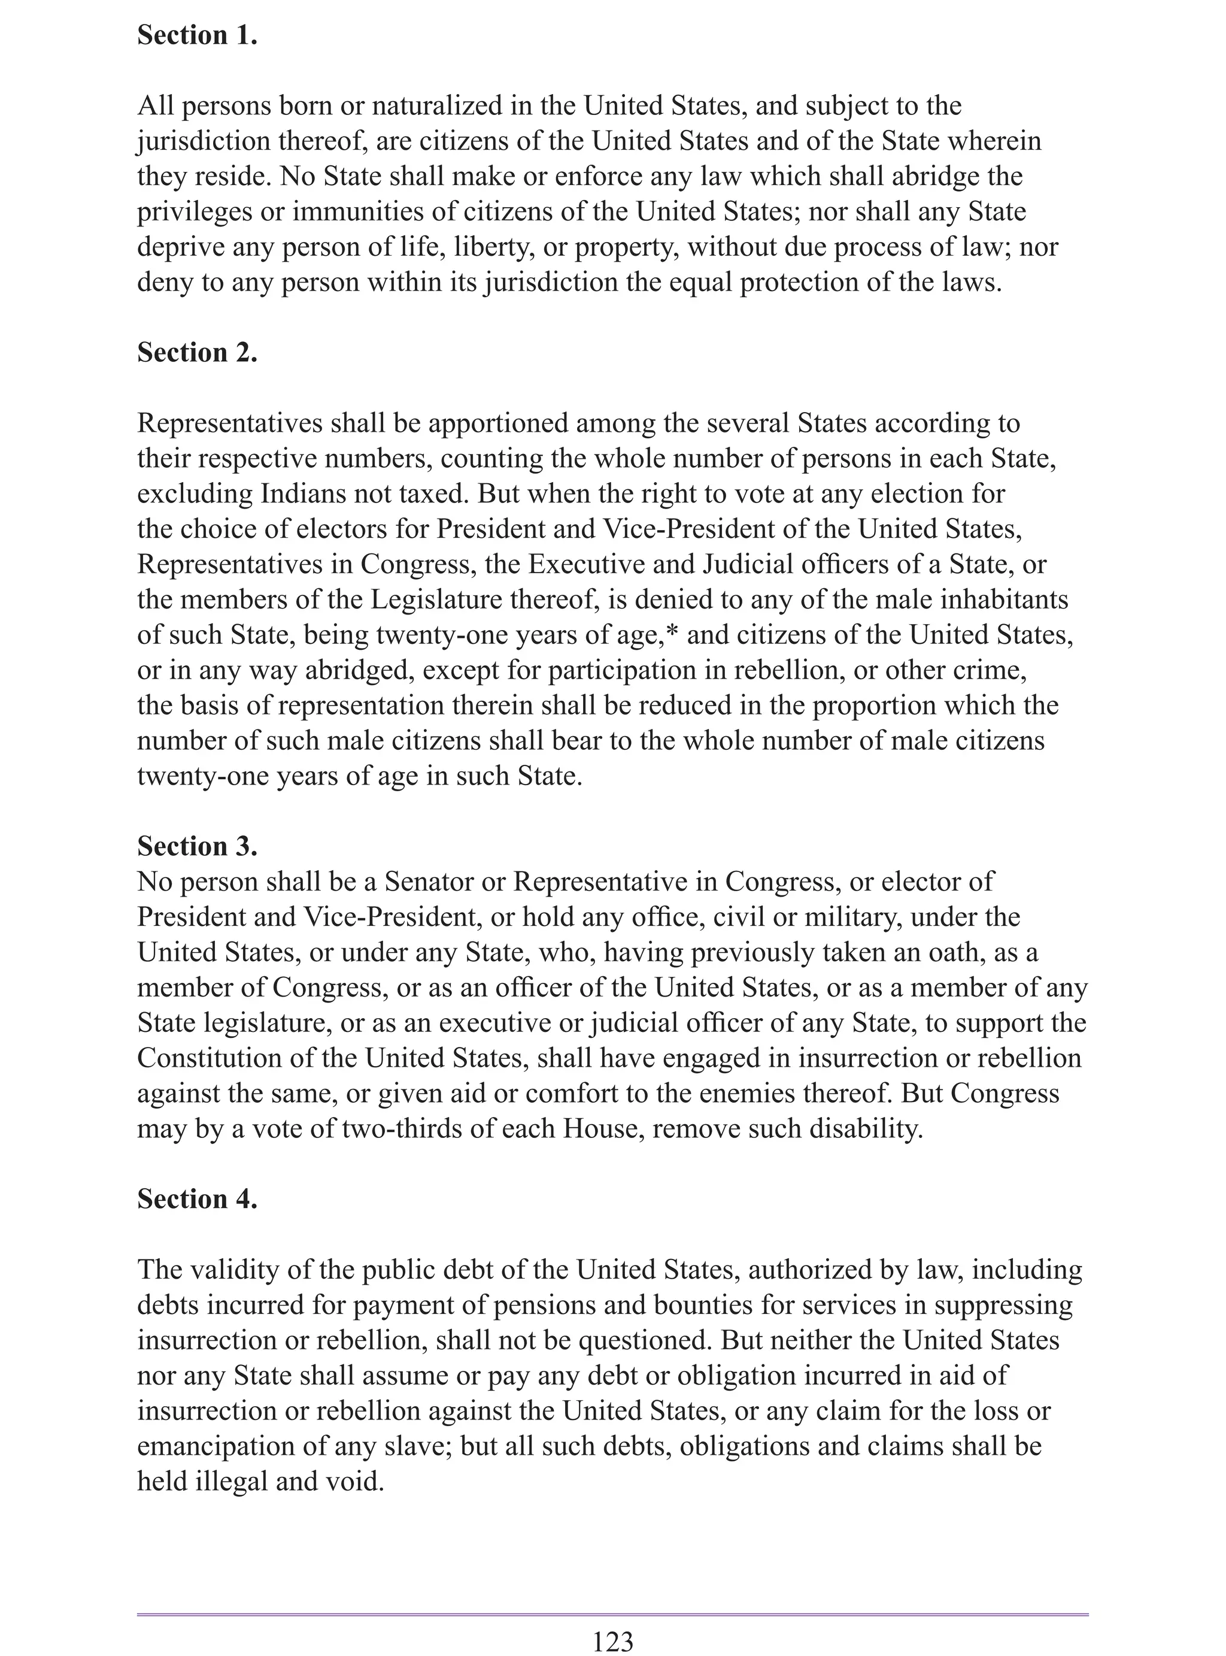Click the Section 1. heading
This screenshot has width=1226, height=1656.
coord(197,35)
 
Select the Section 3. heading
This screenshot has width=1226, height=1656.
coord(197,846)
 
